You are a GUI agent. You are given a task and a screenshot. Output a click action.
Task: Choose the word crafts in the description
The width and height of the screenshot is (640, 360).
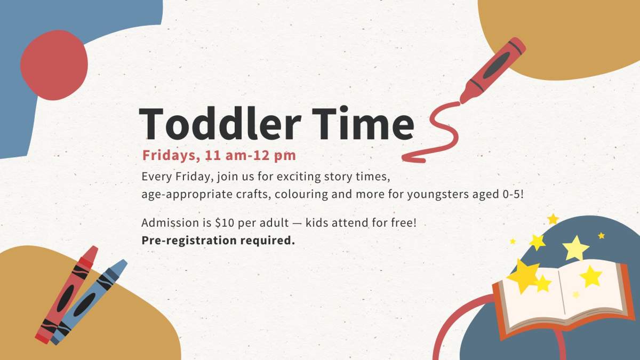coord(251,194)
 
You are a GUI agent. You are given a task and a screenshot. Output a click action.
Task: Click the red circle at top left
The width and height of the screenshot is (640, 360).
coord(54,65)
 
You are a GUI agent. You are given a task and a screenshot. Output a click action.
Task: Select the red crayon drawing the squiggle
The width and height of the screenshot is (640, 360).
coord(493,69)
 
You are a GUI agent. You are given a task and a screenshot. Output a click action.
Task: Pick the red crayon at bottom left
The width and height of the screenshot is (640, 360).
coord(67,293)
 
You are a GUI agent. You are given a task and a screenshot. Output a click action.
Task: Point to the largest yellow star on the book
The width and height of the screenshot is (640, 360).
coord(524,274)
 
